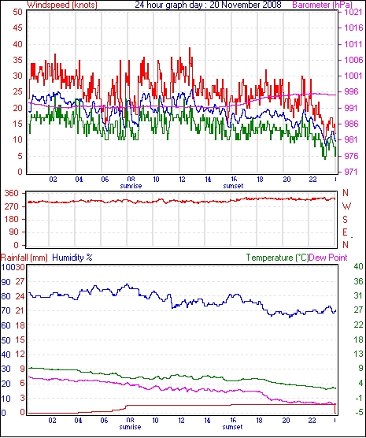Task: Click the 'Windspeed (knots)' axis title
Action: [x=61, y=5]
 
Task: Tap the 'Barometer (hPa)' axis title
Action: [x=322, y=5]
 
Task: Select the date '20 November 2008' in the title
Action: [x=246, y=5]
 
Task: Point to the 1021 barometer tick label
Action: [x=354, y=13]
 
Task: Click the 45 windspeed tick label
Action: [x=18, y=28]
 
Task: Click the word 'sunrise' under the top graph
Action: [x=131, y=186]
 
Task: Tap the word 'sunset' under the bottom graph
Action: [x=232, y=427]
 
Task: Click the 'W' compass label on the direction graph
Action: [x=346, y=206]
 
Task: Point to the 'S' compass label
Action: [x=346, y=220]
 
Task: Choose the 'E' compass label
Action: [x=345, y=232]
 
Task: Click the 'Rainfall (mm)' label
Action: [x=24, y=258]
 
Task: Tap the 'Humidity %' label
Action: [x=72, y=258]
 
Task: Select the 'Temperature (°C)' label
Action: [x=278, y=258]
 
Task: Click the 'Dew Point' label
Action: [x=328, y=258]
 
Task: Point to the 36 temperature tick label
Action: [x=358, y=281]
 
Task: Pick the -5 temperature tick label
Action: [x=358, y=412]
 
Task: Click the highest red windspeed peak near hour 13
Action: [x=190, y=48]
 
